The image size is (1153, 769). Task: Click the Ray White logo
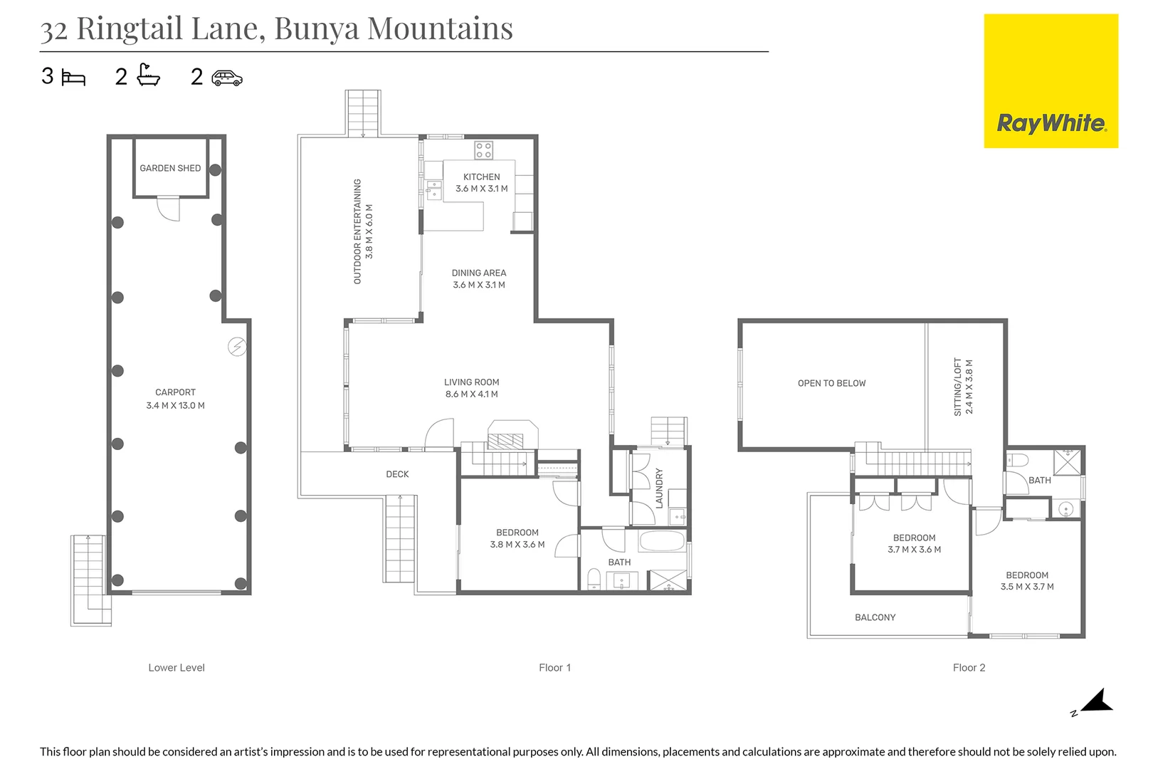(x=1051, y=81)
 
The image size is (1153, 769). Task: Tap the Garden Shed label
(x=170, y=169)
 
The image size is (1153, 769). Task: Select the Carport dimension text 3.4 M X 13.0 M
(x=175, y=405)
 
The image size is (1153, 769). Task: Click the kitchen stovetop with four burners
(x=483, y=150)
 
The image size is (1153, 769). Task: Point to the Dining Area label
(x=479, y=273)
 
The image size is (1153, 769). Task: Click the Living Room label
(x=471, y=382)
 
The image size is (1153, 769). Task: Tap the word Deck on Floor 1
(x=397, y=474)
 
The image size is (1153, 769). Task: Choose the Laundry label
(x=659, y=488)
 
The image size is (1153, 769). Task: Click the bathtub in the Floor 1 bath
(x=662, y=541)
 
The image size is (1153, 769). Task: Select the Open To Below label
(x=831, y=383)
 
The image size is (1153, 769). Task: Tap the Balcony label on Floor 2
(x=875, y=617)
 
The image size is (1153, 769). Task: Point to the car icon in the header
(x=227, y=78)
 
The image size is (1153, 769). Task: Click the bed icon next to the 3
(x=73, y=78)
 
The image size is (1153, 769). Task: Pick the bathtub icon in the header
(x=148, y=75)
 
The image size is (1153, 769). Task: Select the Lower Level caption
(x=177, y=667)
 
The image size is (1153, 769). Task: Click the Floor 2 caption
(x=969, y=667)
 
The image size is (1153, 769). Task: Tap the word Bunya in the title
(x=316, y=29)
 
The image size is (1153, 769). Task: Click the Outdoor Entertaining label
(x=357, y=231)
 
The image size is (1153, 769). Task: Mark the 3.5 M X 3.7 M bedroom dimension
(x=1027, y=587)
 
